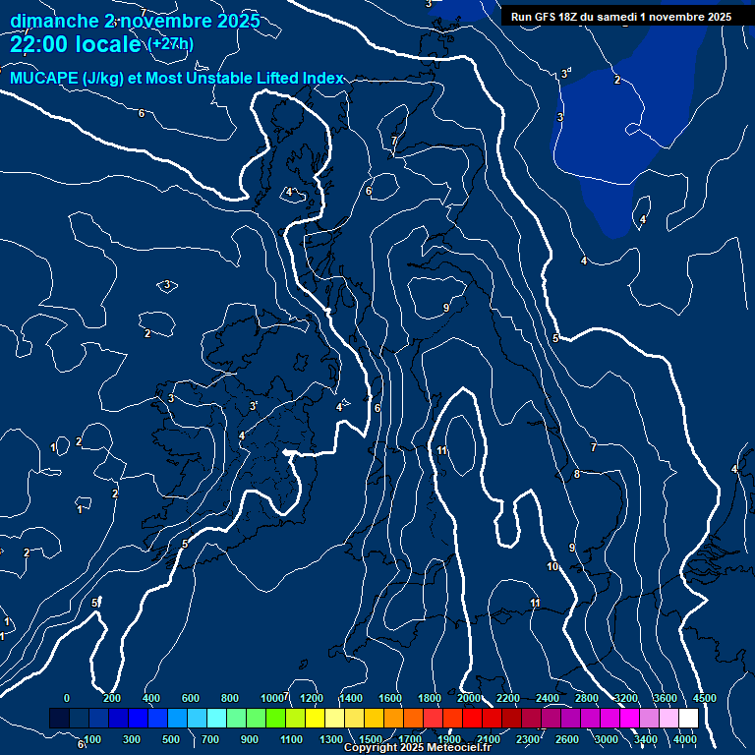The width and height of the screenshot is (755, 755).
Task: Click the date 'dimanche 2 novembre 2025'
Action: click(135, 21)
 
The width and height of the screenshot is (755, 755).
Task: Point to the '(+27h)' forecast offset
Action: click(170, 44)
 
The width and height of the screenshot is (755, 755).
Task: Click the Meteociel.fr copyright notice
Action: click(417, 748)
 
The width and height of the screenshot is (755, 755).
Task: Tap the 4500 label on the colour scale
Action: click(704, 698)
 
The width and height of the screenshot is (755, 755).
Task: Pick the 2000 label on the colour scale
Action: click(469, 698)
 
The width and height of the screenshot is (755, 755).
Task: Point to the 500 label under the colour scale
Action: click(171, 738)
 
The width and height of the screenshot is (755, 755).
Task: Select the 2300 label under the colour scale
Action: click(528, 738)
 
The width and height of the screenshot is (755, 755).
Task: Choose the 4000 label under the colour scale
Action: click(685, 738)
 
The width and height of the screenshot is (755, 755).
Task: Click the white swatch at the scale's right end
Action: click(688, 719)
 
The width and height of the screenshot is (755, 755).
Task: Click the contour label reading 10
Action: click(552, 566)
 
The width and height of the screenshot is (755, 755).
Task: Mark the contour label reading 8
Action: click(576, 474)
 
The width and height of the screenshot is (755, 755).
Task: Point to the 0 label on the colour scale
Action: click(67, 698)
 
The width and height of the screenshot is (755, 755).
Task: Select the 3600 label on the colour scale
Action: click(666, 698)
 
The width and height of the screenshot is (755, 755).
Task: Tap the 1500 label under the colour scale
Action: click(371, 738)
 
